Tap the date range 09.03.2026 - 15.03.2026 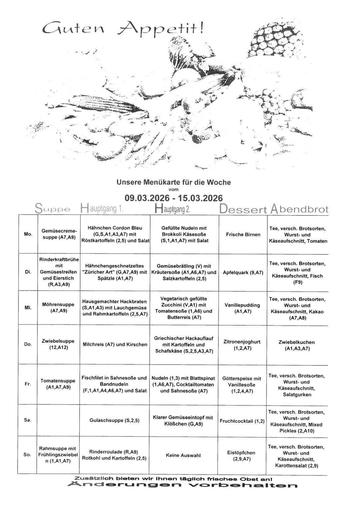(x=173, y=198)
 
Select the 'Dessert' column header (x=243, y=209)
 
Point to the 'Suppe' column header (x=53, y=209)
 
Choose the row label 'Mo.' (x=28, y=234)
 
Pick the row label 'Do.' (x=28, y=344)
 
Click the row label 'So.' (x=27, y=455)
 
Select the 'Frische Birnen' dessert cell (x=243, y=235)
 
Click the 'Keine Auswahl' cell (x=183, y=455)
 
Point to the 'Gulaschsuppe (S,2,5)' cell (x=115, y=420)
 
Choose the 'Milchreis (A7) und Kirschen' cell (x=115, y=344)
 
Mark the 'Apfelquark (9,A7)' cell (x=243, y=273)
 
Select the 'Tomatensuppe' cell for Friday (x=58, y=384)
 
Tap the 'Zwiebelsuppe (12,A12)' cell (x=58, y=344)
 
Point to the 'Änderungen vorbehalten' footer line (x=182, y=485)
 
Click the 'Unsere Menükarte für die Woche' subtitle (x=173, y=182)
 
